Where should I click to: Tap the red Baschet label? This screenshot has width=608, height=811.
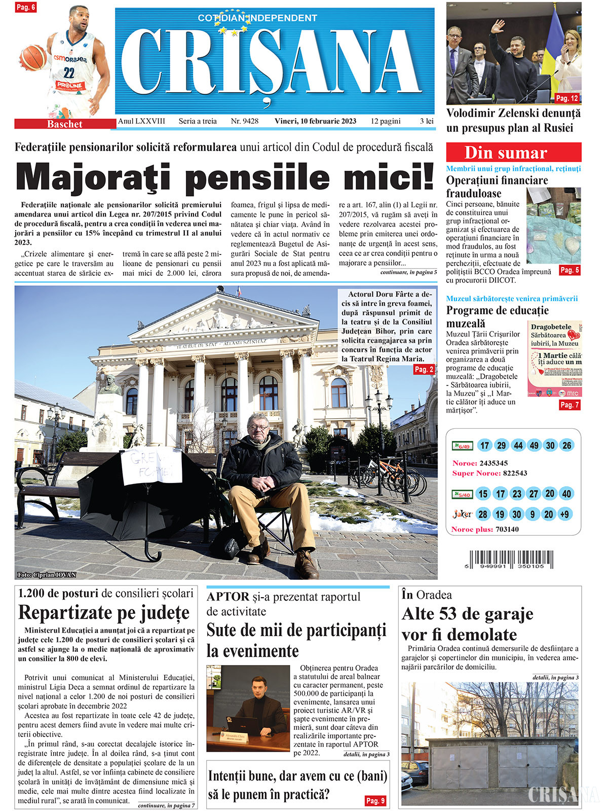(x=65, y=124)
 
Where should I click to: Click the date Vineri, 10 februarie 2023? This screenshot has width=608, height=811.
(x=315, y=121)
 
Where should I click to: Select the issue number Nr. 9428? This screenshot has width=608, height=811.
(x=245, y=121)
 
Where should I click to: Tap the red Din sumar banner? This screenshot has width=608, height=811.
(x=513, y=153)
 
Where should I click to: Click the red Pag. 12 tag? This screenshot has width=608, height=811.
(x=566, y=98)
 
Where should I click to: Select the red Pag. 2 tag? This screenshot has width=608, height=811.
(x=424, y=370)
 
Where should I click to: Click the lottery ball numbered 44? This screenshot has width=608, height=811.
(x=518, y=446)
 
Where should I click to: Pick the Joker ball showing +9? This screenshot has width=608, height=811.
(x=564, y=514)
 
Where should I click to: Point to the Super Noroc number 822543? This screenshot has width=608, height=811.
(x=515, y=473)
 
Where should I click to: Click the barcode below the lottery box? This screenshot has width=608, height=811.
(x=511, y=560)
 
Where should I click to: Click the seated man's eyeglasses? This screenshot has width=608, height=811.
(x=258, y=427)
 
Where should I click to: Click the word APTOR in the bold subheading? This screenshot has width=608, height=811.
(x=228, y=597)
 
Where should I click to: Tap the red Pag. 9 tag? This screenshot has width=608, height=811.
(x=375, y=800)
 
